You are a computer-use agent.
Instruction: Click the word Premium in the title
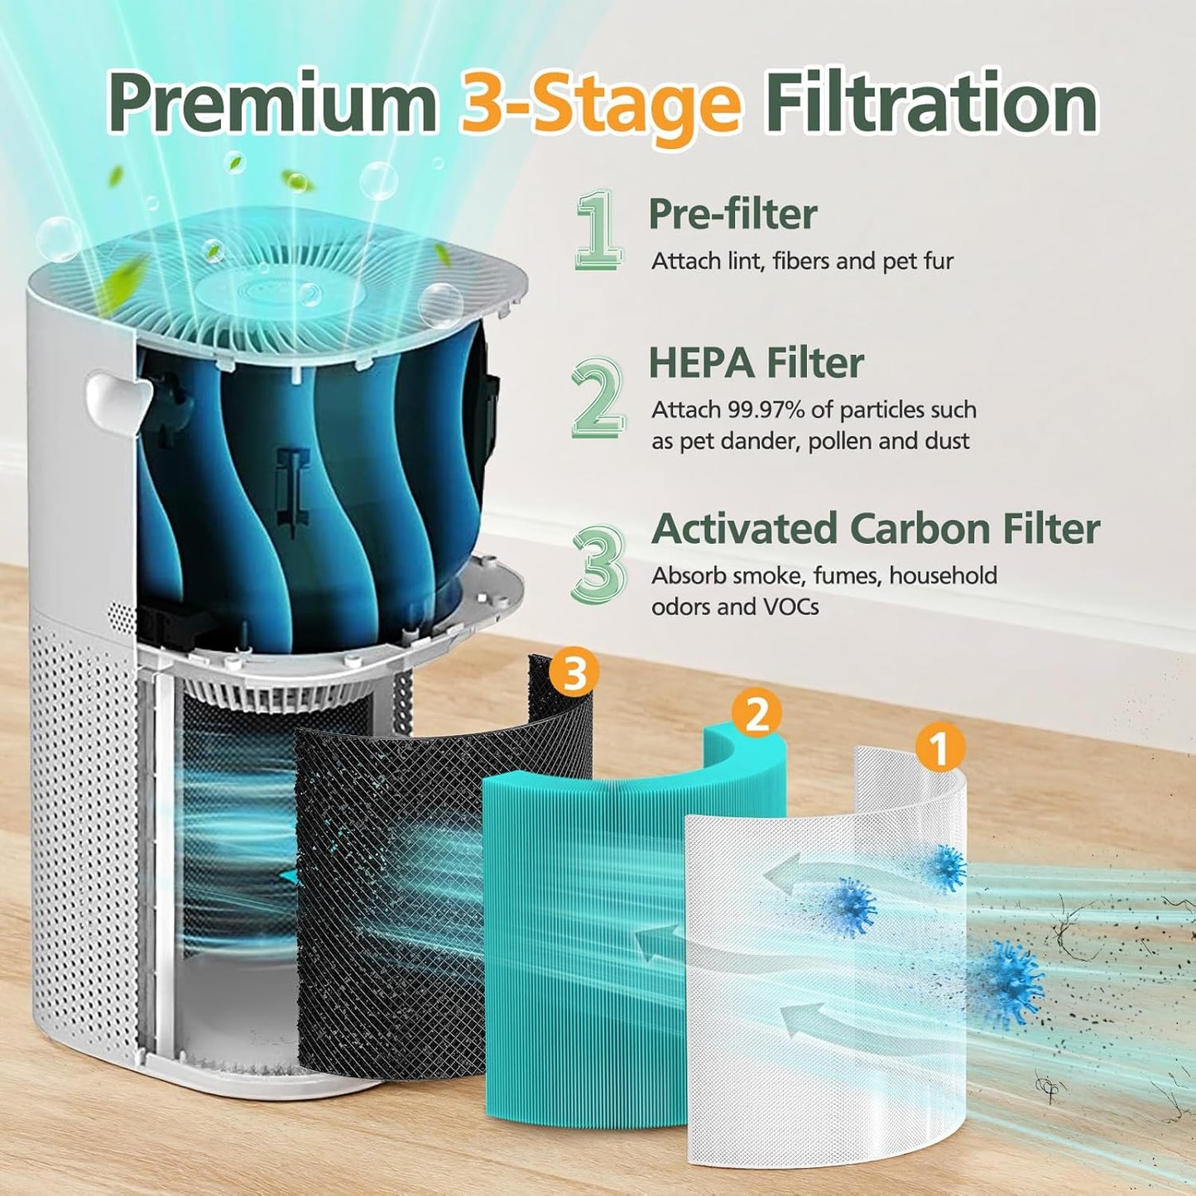click(x=273, y=105)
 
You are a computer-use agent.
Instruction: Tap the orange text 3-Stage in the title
click(x=600, y=105)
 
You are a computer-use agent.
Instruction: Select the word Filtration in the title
click(x=931, y=105)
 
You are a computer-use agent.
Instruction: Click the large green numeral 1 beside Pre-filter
click(x=598, y=230)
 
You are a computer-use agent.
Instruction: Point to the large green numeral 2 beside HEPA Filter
click(x=598, y=397)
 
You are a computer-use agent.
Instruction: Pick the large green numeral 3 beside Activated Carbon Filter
click(x=598, y=564)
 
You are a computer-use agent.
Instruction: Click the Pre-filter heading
click(x=732, y=214)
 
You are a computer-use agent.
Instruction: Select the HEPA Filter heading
click(x=756, y=363)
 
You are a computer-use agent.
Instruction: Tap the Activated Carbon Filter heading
click(x=876, y=529)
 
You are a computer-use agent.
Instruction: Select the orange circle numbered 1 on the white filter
click(x=939, y=747)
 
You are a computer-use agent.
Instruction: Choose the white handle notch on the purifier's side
click(x=116, y=397)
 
